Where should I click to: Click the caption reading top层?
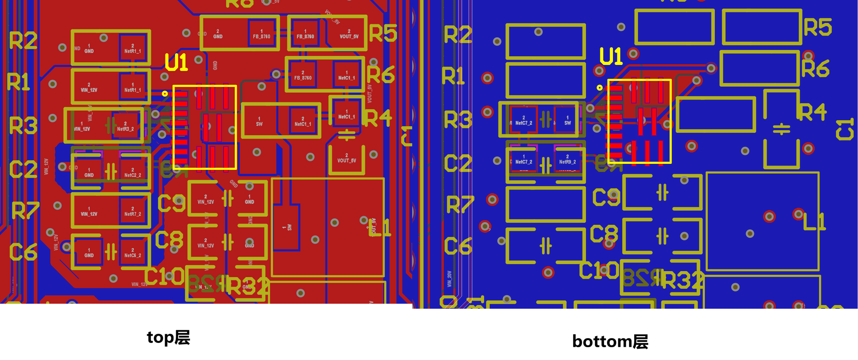168,337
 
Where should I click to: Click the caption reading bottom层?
610,341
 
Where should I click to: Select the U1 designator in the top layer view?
176,62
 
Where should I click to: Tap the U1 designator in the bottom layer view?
611,56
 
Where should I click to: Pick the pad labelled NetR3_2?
126,127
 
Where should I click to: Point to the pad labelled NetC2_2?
133,173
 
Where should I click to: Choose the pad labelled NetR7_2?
133,211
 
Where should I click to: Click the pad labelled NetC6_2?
133,253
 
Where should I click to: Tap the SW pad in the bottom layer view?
567,120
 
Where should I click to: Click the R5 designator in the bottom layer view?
818,27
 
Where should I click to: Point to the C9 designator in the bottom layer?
606,197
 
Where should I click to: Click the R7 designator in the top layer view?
26,210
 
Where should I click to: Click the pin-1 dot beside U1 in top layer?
164,94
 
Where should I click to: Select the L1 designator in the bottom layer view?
814,222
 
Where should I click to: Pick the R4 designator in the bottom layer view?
813,112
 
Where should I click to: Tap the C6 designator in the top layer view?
23,252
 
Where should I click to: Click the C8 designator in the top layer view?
169,240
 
